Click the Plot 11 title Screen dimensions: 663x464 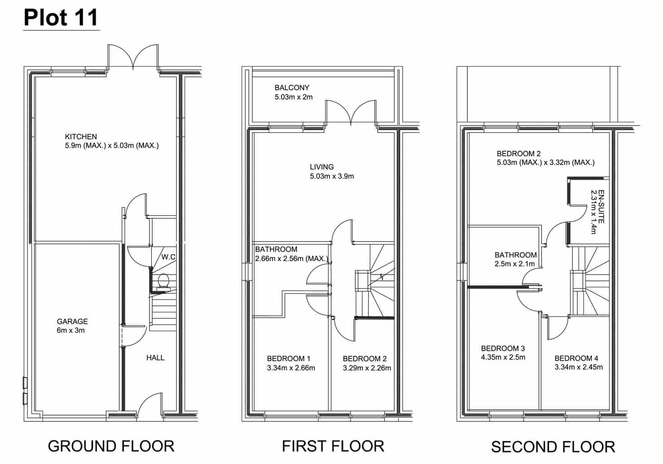coord(61,18)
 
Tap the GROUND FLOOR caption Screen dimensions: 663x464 coord(111,446)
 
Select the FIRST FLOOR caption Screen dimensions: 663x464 coord(333,446)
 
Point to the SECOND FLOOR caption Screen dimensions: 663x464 coord(553,446)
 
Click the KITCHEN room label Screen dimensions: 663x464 coord(81,137)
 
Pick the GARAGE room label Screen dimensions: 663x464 coord(72,321)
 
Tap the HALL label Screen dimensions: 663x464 coord(155,358)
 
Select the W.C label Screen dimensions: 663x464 coord(169,257)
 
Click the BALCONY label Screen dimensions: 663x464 coord(292,87)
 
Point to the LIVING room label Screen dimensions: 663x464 coord(322,167)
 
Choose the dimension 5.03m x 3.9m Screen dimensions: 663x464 coord(332,176)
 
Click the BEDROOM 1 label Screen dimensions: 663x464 coord(289,359)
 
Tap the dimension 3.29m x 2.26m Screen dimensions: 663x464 coord(367,368)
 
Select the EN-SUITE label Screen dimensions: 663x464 coord(601,207)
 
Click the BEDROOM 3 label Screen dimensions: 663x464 coord(503,348)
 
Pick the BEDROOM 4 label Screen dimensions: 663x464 coord(576,358)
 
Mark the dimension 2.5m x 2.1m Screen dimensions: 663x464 coord(515,264)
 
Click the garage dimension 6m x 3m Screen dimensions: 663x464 coord(71,330)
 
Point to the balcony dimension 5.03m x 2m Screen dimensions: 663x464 coord(294,97)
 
